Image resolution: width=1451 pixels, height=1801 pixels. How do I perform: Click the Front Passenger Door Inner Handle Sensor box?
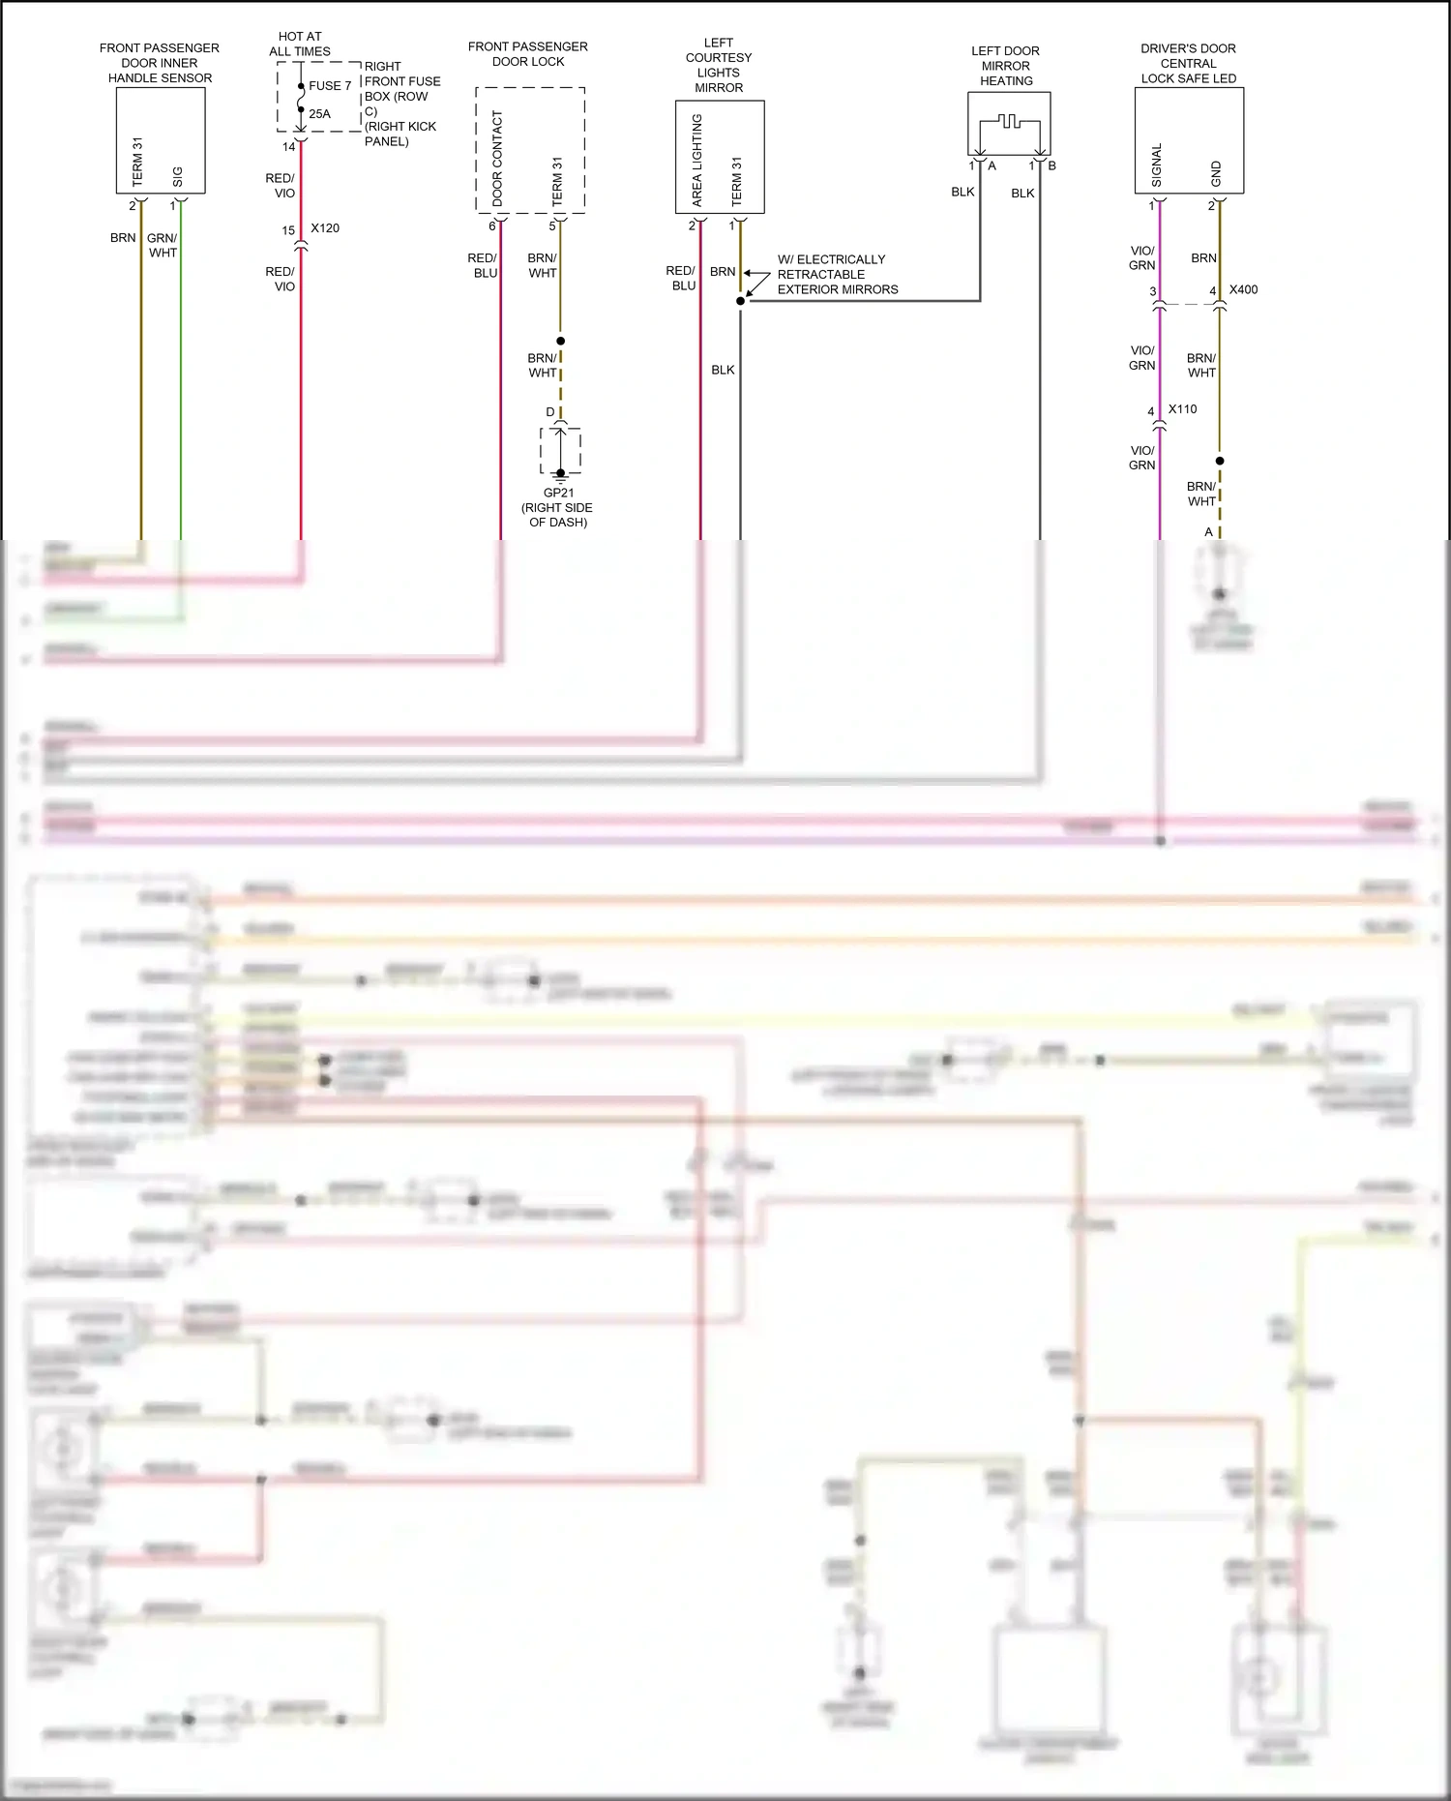pyautogui.click(x=161, y=140)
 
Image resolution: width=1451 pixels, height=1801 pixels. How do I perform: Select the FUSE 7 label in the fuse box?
pyautogui.click(x=330, y=86)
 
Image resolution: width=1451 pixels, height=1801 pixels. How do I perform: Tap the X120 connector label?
pyautogui.click(x=325, y=228)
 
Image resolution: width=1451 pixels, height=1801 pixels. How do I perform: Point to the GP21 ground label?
pyautogui.click(x=558, y=493)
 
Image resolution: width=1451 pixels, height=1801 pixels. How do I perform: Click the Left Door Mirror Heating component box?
pyautogui.click(x=1009, y=124)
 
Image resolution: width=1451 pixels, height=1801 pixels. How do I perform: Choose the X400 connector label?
pyautogui.click(x=1243, y=289)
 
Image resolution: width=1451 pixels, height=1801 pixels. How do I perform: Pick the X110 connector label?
pyautogui.click(x=1182, y=409)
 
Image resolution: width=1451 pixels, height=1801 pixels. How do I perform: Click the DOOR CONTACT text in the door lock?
pyautogui.click(x=497, y=158)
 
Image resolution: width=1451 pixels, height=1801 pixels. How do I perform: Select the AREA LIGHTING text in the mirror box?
pyautogui.click(x=696, y=161)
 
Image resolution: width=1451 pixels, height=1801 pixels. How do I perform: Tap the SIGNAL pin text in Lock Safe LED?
pyautogui.click(x=1157, y=165)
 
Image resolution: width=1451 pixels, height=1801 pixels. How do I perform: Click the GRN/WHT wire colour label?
pyautogui.click(x=163, y=245)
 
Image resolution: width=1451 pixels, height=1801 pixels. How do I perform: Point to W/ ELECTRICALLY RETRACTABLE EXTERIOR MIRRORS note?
pyautogui.click(x=837, y=275)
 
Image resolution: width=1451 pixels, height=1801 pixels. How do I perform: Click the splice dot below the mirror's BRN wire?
pyautogui.click(x=741, y=301)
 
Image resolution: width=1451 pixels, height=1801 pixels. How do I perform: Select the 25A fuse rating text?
pyautogui.click(x=319, y=114)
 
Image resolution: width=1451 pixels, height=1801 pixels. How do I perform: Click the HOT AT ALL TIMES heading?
pyautogui.click(x=300, y=44)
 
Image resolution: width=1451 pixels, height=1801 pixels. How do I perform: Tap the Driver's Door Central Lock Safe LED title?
pyautogui.click(x=1188, y=63)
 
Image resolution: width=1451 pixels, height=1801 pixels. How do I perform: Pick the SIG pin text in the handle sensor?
pyautogui.click(x=177, y=177)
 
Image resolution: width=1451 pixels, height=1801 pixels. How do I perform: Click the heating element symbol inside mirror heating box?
pyautogui.click(x=1009, y=122)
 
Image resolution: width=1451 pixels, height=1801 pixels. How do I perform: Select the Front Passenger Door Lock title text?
pyautogui.click(x=527, y=53)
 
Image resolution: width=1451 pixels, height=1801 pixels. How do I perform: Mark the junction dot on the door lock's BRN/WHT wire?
pyautogui.click(x=560, y=341)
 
